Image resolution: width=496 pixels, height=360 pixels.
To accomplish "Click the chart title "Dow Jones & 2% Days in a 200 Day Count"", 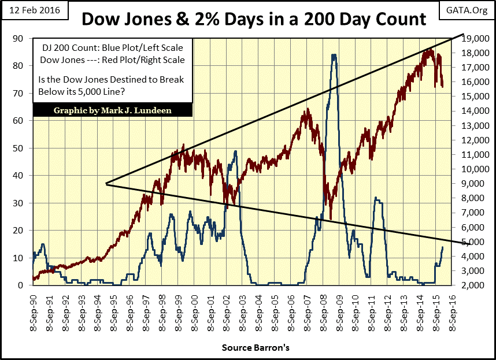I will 254,19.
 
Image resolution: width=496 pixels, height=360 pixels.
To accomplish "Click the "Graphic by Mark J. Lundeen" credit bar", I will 113,110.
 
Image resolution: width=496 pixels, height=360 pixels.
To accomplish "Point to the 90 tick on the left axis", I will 19,39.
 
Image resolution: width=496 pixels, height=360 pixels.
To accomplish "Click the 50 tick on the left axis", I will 19,149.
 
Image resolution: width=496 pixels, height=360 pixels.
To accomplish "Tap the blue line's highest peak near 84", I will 334,55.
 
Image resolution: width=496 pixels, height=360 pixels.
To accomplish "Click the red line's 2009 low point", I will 331,219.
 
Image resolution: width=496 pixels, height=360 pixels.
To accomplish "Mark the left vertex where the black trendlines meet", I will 106,184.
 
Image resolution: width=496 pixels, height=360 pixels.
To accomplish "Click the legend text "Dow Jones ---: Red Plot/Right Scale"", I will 112,60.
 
